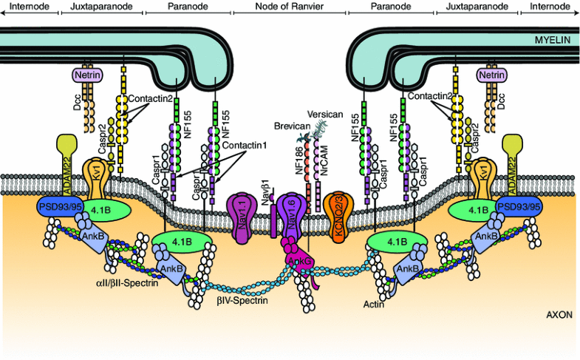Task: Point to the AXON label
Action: (556, 314)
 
